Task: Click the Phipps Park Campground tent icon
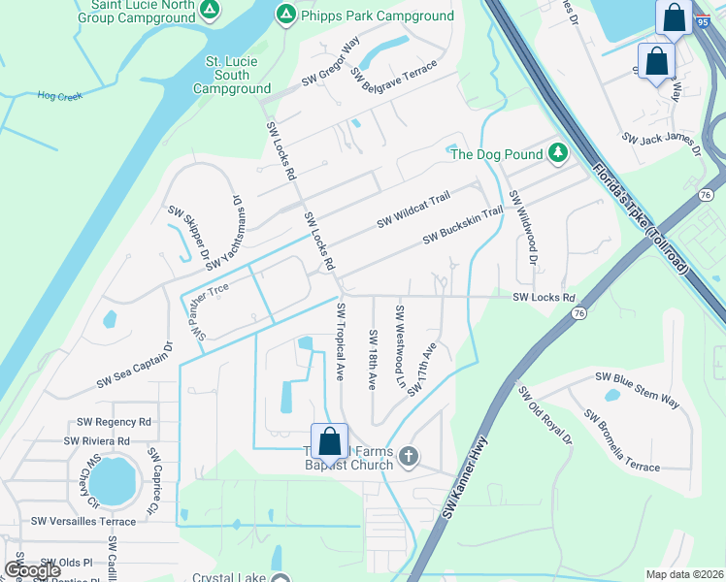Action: [x=285, y=15]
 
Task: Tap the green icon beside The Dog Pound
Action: [x=557, y=152]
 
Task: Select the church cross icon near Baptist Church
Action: [x=409, y=456]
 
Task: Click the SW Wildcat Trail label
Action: [x=413, y=209]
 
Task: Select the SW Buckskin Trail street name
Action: [x=462, y=225]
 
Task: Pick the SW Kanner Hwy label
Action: [x=465, y=478]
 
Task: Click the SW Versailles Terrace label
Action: [x=83, y=521]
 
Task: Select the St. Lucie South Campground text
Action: [x=232, y=75]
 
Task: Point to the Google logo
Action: [x=33, y=570]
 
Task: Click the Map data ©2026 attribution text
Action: [x=684, y=574]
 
